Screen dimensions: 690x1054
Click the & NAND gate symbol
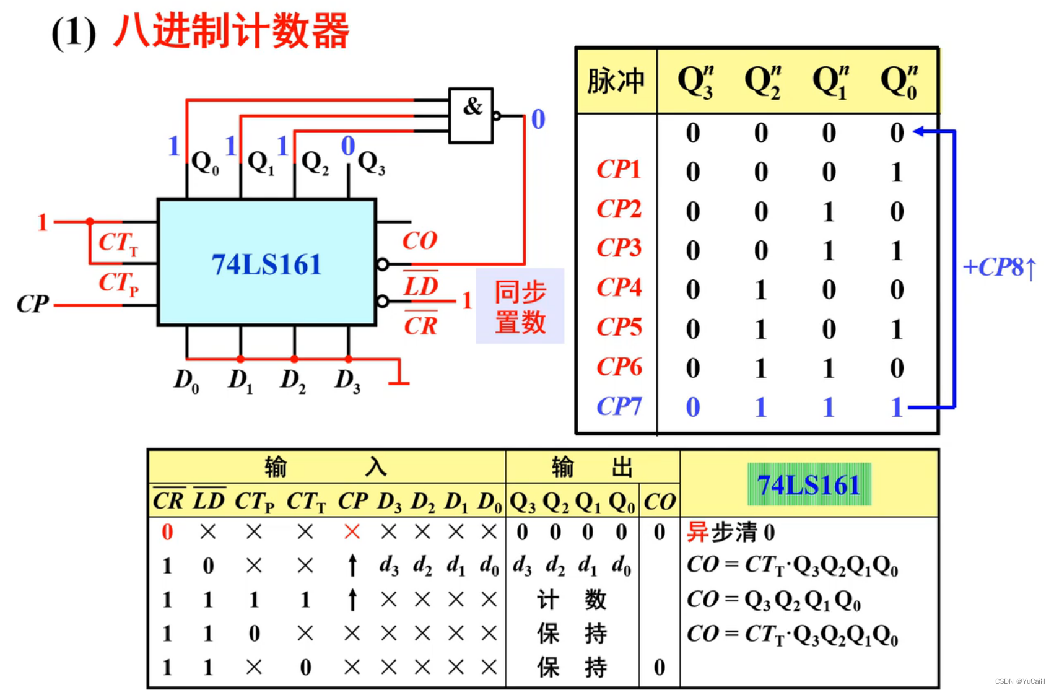click(471, 115)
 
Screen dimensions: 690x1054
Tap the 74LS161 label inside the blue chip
click(266, 264)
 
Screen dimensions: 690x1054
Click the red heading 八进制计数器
click(231, 31)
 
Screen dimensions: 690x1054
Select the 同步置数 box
click(520, 306)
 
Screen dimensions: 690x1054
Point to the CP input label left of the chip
click(32, 304)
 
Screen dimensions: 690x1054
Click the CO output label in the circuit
click(419, 240)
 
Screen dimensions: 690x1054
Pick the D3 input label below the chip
click(347, 380)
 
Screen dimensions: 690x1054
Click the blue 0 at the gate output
click(538, 119)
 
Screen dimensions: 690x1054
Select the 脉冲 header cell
click(616, 81)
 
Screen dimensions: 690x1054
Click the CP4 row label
click(619, 288)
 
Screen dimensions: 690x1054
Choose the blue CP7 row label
click(619, 406)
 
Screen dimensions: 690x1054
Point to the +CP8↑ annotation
click(999, 268)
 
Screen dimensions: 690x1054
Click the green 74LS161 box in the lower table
click(809, 484)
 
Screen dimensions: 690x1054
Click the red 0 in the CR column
click(167, 532)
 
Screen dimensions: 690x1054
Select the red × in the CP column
click(352, 531)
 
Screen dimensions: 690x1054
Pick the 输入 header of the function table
click(326, 466)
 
